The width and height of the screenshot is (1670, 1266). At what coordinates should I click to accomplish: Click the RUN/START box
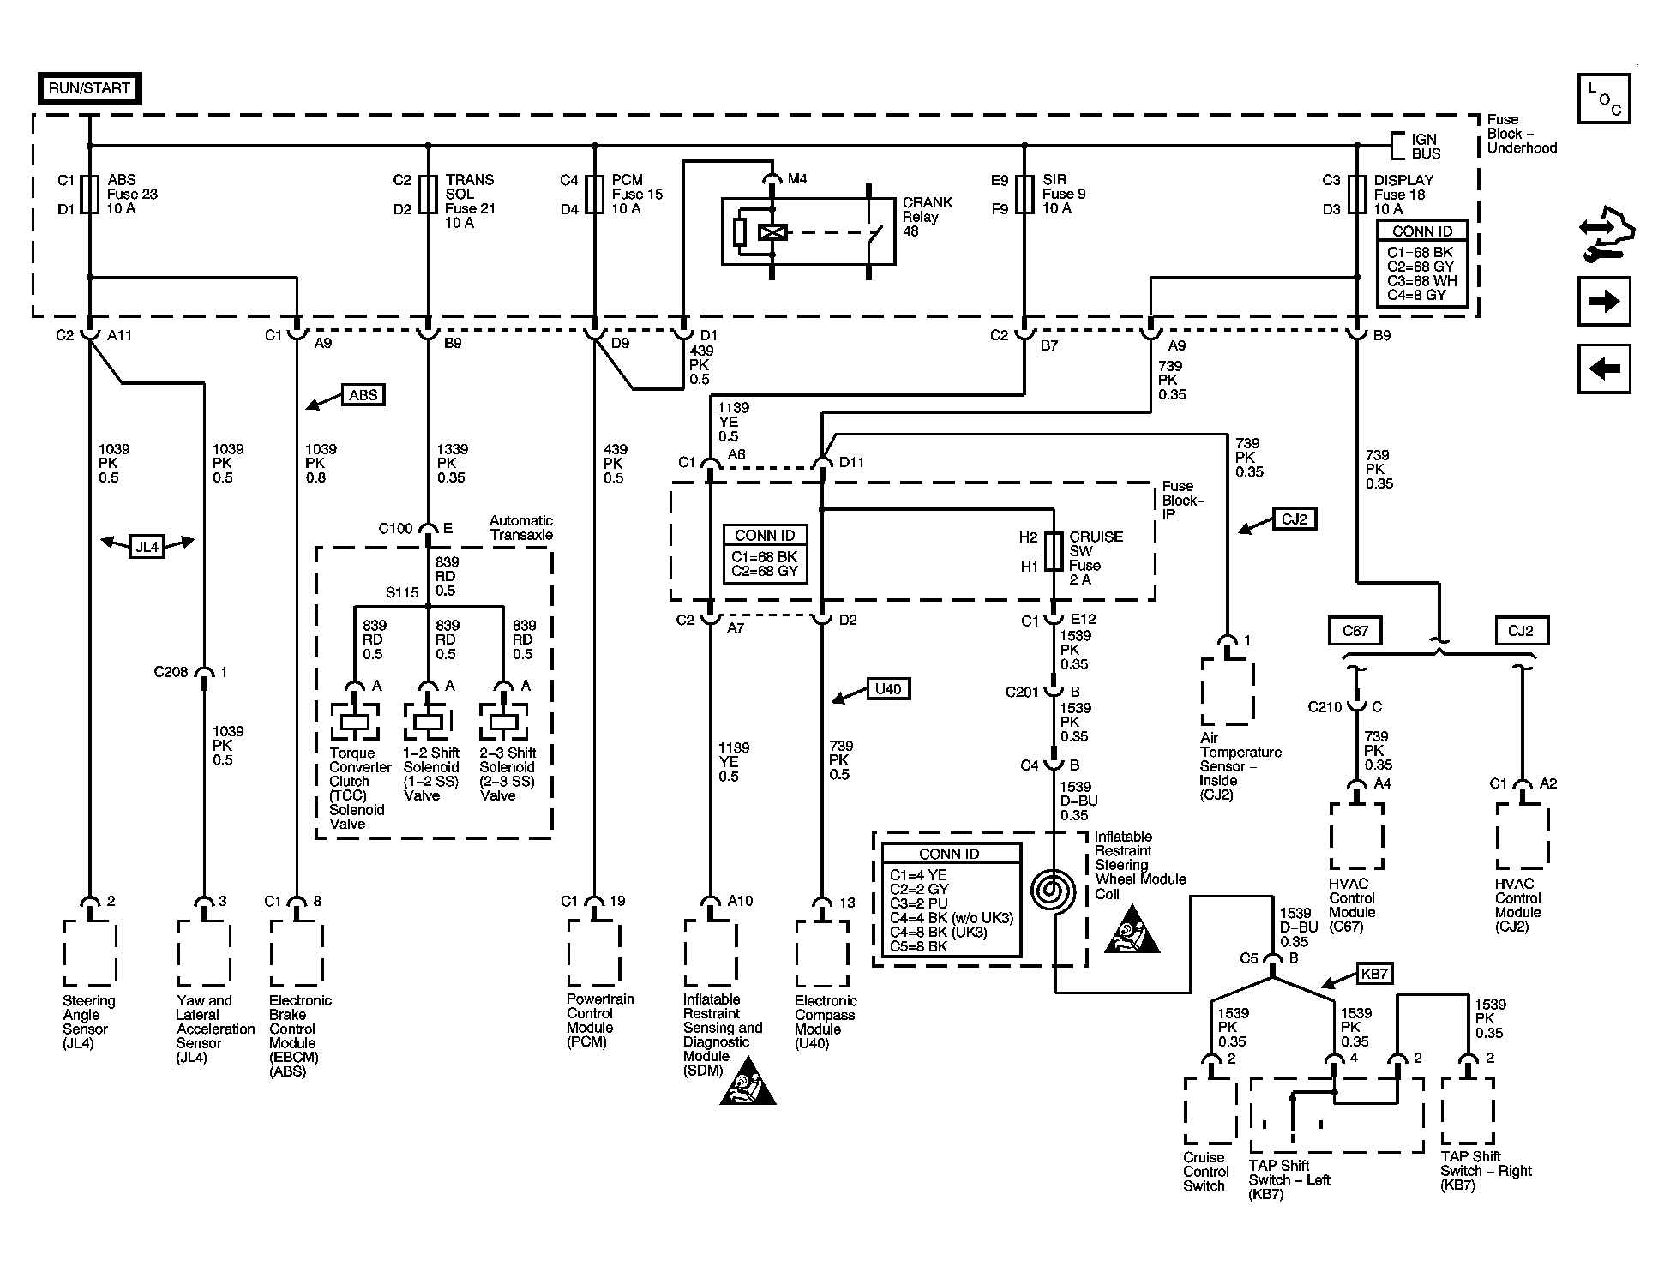[89, 88]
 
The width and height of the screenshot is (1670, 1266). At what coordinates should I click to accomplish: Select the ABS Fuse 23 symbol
[90, 194]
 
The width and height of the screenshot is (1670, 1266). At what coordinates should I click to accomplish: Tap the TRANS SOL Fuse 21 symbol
[428, 194]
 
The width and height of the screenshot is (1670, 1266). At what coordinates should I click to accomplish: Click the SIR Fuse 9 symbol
[1024, 194]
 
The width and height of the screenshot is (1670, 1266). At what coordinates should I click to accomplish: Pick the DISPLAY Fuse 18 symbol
[1356, 194]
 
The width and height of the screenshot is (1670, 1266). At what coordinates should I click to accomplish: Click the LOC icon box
[1604, 99]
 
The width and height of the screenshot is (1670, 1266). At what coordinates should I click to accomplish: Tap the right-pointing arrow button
[1604, 301]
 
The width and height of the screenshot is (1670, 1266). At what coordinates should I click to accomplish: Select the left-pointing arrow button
[1604, 369]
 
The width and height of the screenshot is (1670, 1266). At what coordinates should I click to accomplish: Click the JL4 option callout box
[147, 546]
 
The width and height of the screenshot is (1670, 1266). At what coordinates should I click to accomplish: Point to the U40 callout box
[888, 688]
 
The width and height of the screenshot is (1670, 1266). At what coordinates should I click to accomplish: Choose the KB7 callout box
[1373, 973]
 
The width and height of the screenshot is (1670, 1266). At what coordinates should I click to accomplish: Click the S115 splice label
[402, 592]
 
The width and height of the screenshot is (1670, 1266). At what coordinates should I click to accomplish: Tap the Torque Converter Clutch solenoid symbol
[355, 722]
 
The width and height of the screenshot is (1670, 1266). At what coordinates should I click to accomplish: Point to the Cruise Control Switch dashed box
[1210, 1110]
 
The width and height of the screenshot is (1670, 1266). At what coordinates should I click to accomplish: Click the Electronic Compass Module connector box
[822, 953]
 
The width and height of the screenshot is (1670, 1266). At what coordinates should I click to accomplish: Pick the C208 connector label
[171, 672]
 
